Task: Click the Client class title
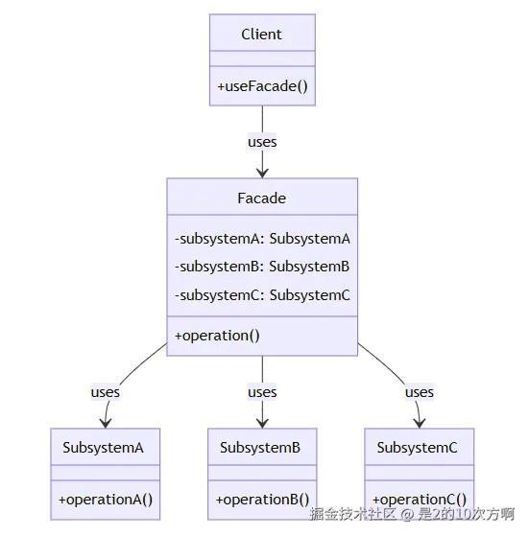[x=261, y=35]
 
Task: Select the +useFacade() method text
[x=262, y=86]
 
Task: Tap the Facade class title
[x=262, y=198]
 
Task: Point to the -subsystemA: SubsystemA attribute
[x=262, y=239]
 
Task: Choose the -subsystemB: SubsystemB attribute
[x=262, y=267]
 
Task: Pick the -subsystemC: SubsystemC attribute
[x=262, y=295]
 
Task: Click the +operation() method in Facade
[x=217, y=336]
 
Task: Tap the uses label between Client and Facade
[x=262, y=142]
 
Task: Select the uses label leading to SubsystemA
[x=106, y=392]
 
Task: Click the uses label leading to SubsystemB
[x=262, y=392]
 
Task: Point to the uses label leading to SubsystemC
[x=420, y=392]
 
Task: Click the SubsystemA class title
[x=103, y=448]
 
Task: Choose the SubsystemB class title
[x=260, y=448]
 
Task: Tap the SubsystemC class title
[x=417, y=448]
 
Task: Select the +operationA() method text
[x=106, y=500]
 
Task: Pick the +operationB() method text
[x=262, y=500]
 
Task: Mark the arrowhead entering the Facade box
[x=262, y=174]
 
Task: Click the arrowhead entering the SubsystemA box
[x=106, y=424]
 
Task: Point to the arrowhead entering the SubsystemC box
[x=420, y=424]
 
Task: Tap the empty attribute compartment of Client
[x=262, y=58]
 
